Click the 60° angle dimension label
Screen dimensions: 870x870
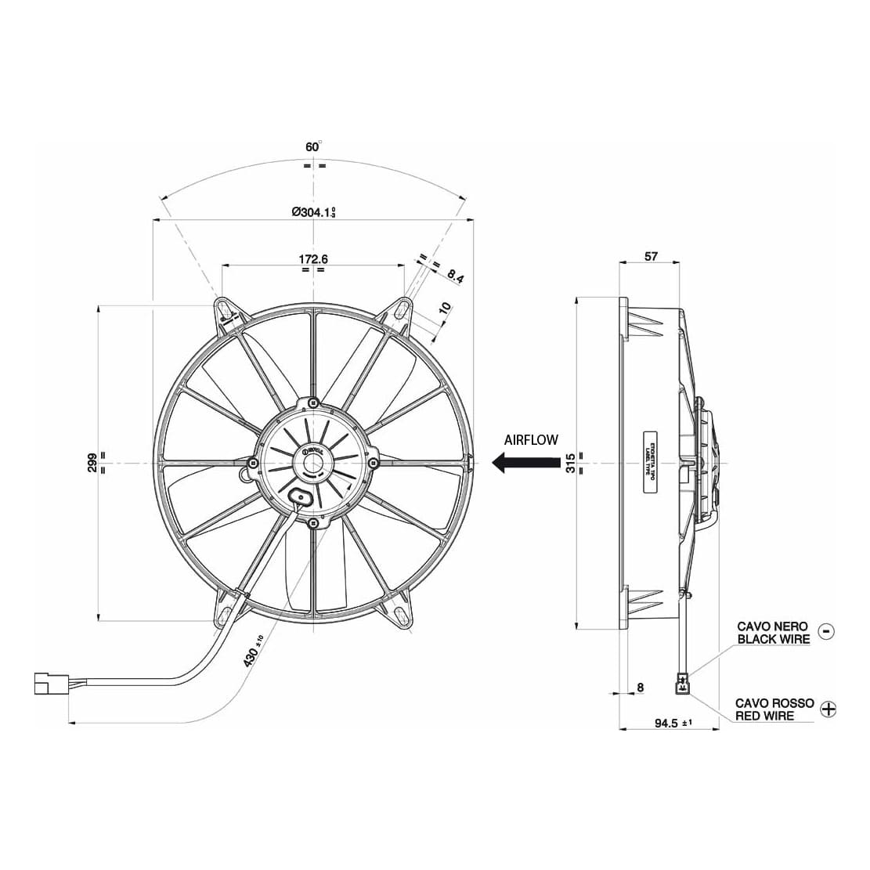pyautogui.click(x=313, y=146)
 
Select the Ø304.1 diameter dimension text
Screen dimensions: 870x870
pyautogui.click(x=313, y=211)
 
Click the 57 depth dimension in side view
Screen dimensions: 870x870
pyautogui.click(x=651, y=255)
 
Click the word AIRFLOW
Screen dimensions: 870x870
pyautogui.click(x=531, y=440)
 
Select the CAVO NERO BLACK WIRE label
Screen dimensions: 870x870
pyautogui.click(x=773, y=633)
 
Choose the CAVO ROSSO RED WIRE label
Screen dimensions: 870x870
pyautogui.click(x=774, y=709)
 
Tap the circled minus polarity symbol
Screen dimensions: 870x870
pyautogui.click(x=826, y=631)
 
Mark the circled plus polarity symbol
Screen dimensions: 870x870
pyautogui.click(x=828, y=709)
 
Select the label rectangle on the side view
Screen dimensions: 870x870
pyautogui.click(x=649, y=463)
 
